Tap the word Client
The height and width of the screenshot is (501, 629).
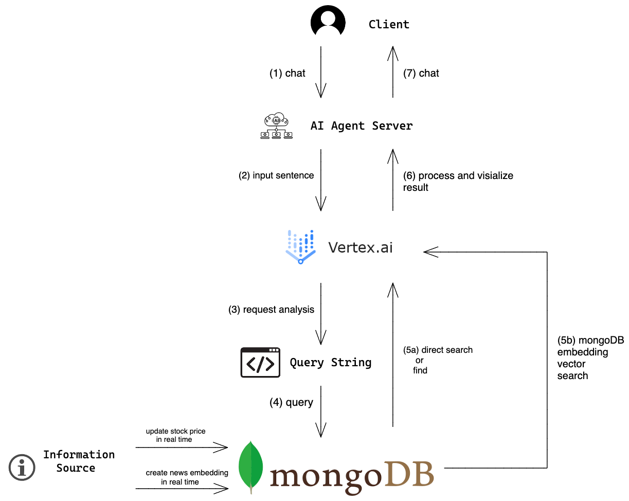click(389, 24)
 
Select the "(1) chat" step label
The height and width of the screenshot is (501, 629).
click(287, 73)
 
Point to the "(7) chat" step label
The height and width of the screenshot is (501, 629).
click(421, 73)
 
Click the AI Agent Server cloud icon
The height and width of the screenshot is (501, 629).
click(276, 126)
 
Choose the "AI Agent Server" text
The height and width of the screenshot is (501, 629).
click(362, 126)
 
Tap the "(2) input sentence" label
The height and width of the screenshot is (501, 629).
click(276, 175)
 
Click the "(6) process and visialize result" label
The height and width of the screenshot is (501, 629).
click(458, 181)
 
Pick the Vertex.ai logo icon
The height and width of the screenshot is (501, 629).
click(301, 247)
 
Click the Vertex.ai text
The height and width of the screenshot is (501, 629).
click(361, 247)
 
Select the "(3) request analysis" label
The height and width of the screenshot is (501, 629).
click(271, 310)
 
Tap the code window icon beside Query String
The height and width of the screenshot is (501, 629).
click(260, 363)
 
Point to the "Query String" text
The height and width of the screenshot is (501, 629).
click(330, 363)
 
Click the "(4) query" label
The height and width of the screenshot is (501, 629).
click(291, 402)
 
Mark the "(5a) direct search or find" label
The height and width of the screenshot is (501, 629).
click(438, 360)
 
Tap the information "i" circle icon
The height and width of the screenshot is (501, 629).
click(22, 468)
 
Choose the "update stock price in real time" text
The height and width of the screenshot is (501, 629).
click(175, 435)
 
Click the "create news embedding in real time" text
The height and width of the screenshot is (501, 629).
click(187, 477)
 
